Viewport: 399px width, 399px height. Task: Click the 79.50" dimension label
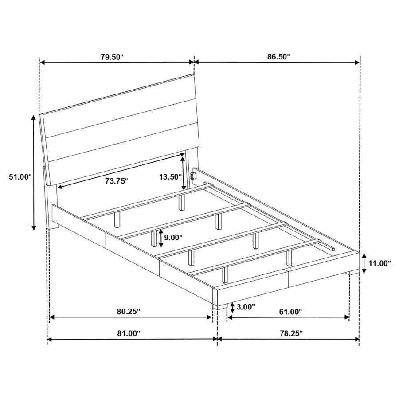(x=112, y=57)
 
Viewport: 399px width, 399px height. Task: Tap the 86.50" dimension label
(x=279, y=56)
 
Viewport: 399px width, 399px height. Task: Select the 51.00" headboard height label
(x=20, y=176)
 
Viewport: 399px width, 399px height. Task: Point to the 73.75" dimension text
(x=117, y=181)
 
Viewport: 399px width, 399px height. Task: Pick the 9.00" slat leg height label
(x=173, y=238)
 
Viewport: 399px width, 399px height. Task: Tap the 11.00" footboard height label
(x=379, y=263)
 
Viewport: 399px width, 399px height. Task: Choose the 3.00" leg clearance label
(x=246, y=307)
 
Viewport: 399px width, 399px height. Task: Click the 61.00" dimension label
(x=290, y=312)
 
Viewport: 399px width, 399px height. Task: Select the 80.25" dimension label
(x=129, y=311)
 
